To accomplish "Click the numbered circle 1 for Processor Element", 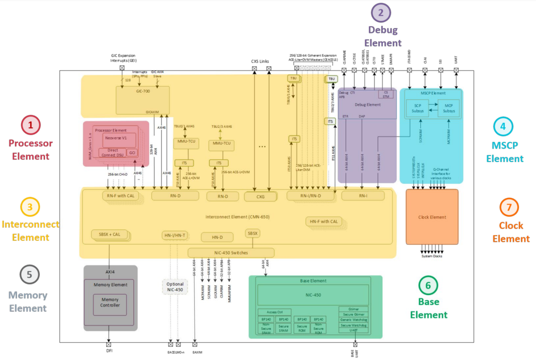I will coord(30,126).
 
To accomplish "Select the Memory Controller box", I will coord(109,302).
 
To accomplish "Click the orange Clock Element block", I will coord(432,217).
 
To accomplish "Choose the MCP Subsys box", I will coord(448,108).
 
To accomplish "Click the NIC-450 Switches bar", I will coord(230,253).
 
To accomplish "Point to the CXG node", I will coord(260,196).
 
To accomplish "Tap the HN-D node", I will coord(218,237).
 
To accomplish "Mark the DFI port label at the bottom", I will coord(109,351).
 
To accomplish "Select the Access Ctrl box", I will coord(274,312).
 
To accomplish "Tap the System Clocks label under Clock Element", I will coord(432,256).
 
